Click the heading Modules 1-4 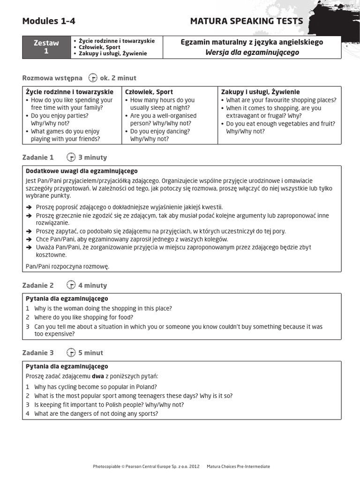tap(49, 21)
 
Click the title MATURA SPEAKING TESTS tap(247, 21)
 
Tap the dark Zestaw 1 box tap(46, 47)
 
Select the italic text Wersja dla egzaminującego tap(252, 52)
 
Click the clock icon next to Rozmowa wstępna tap(92, 78)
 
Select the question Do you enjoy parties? tap(60, 115)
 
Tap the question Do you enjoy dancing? tap(160, 131)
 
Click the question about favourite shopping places tap(281, 100)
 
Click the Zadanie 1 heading tap(38, 157)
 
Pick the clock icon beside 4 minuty tap(71, 285)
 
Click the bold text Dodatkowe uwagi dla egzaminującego tap(82, 171)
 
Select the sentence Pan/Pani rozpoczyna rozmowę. tap(67, 266)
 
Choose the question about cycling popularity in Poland tap(96, 387)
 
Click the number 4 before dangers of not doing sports tap(28, 413)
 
